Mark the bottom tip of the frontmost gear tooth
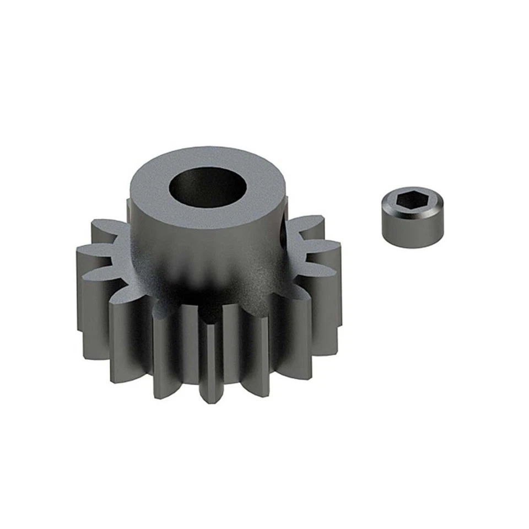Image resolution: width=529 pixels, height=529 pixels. point(210,398)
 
